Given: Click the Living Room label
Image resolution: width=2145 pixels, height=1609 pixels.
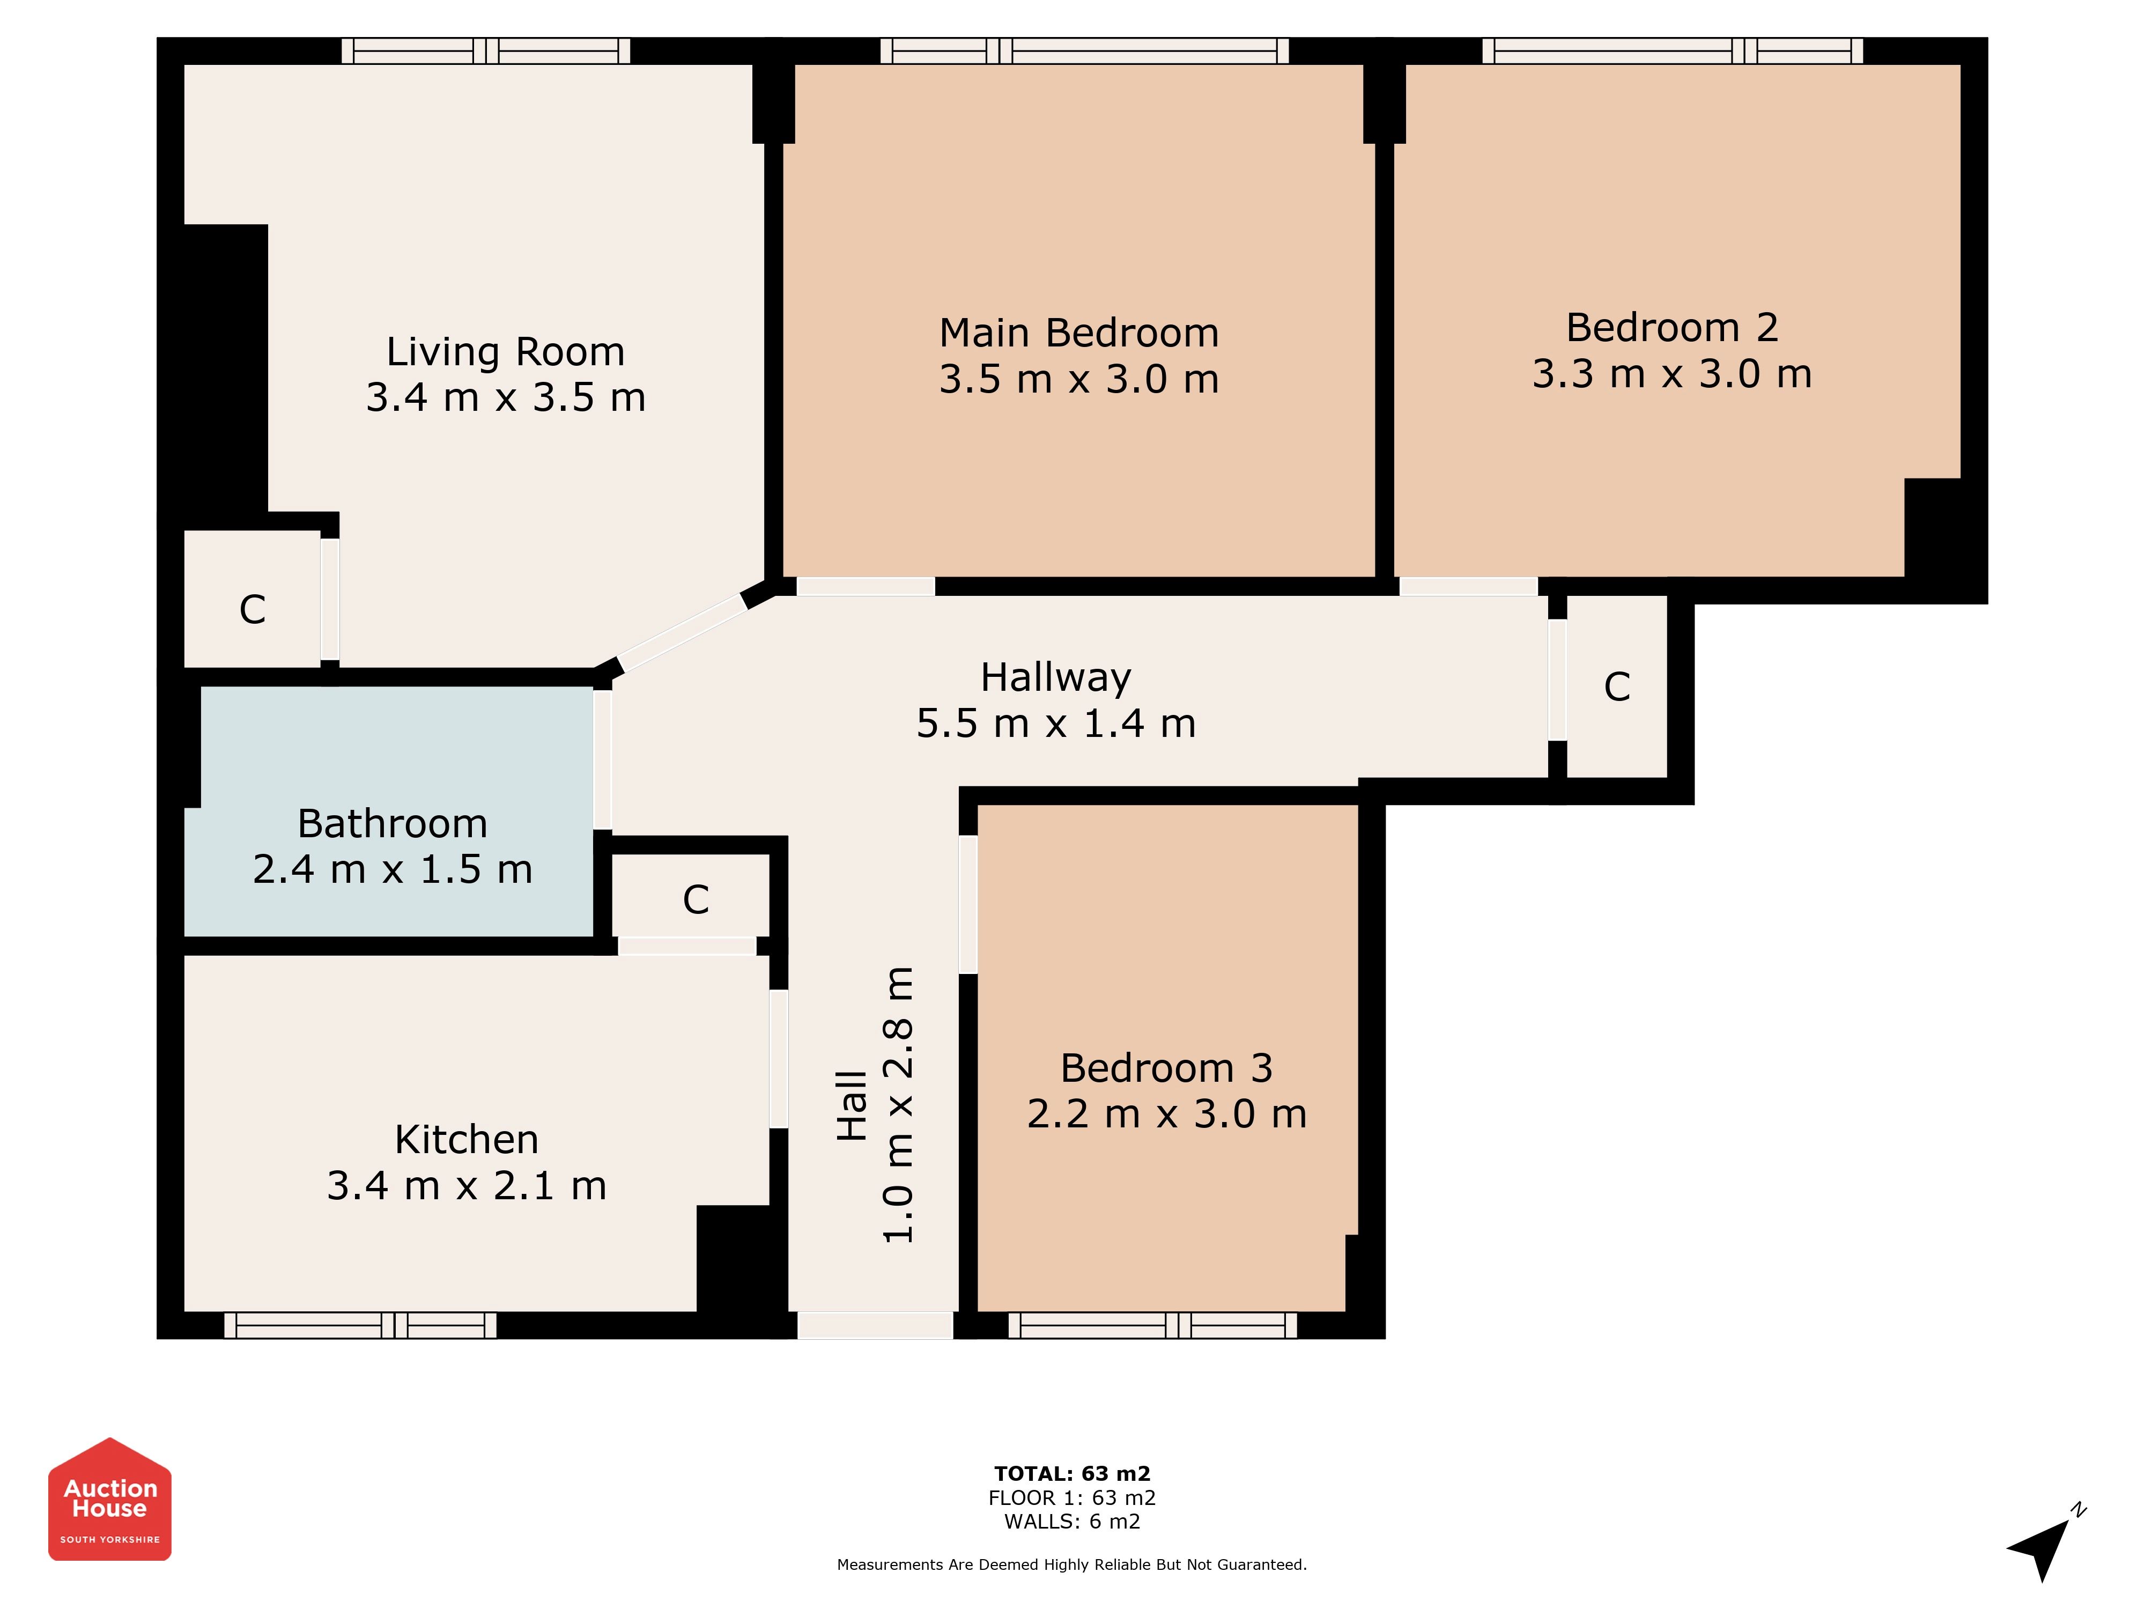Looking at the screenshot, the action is pos(505,352).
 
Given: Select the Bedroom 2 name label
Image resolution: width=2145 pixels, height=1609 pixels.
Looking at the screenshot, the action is pos(1672,328).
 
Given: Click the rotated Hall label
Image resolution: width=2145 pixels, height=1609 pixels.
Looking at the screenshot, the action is pos(852,1105).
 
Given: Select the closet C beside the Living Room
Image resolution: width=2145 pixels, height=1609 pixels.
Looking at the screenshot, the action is pos(252,610).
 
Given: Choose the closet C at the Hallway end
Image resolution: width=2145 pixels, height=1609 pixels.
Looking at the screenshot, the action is pos(1616,687).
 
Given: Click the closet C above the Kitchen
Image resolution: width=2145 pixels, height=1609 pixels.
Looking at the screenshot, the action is pos(696,900).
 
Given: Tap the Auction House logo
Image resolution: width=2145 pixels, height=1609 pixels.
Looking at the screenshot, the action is pos(109,1500).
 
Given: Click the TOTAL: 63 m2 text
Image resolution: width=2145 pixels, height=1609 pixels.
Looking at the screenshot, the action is pos(1071,1474).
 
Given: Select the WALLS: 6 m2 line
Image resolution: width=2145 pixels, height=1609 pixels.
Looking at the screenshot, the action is pos(1071,1522).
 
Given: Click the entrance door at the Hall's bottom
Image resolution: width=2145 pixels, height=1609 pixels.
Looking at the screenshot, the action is pos(875,1325).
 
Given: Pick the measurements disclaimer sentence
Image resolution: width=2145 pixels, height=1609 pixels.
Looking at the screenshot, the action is pos(1071,1564).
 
